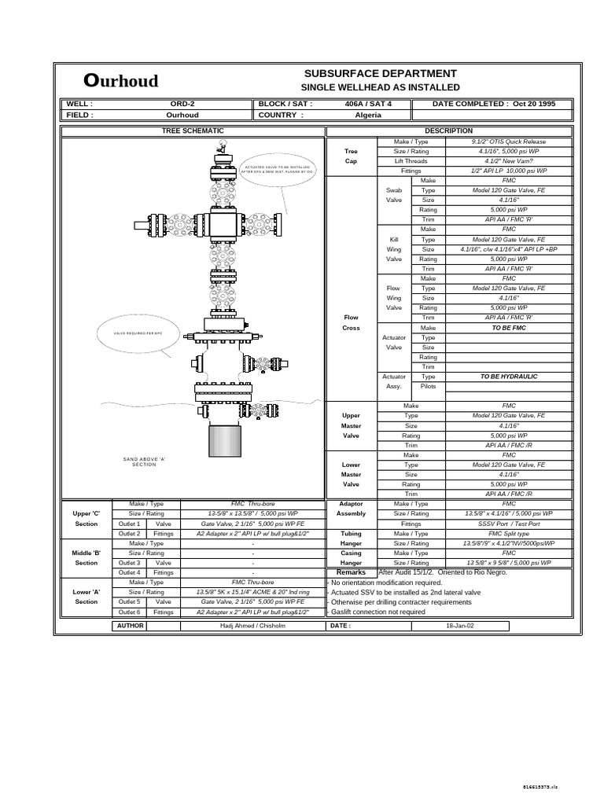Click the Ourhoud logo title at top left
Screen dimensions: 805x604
click(x=121, y=80)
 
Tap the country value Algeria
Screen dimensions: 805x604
click(x=368, y=115)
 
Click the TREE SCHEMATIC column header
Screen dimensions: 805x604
click(x=193, y=130)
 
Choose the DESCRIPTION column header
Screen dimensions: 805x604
click(x=448, y=130)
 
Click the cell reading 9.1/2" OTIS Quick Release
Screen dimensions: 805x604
click(x=509, y=142)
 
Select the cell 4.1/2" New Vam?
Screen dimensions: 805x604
click(x=509, y=160)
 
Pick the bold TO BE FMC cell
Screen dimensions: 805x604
click(x=509, y=327)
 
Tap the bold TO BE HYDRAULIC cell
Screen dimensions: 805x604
click(x=509, y=377)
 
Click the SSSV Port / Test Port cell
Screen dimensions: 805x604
click(x=509, y=524)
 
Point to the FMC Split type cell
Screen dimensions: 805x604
click(x=509, y=533)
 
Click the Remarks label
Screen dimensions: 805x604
click(x=351, y=573)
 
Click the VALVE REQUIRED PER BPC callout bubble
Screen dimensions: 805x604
click(x=137, y=334)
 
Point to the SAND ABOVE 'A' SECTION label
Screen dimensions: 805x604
click(x=144, y=461)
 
